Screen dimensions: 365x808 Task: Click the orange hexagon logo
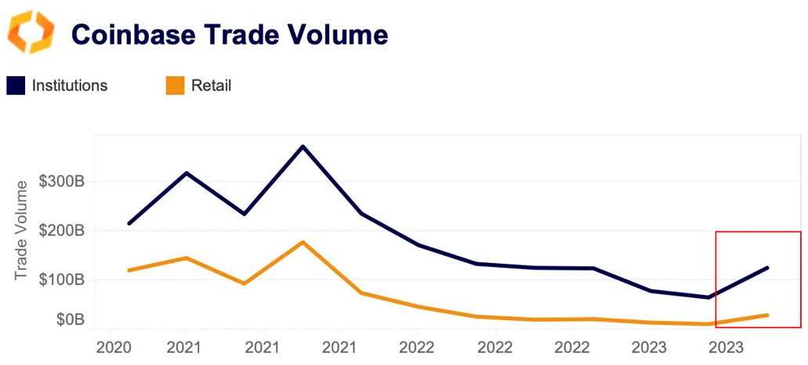31,32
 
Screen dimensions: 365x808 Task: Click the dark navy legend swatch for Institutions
16,86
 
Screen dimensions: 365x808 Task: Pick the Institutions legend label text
70,86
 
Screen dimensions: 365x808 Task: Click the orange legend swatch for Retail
176,86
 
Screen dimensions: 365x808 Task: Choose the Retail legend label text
212,86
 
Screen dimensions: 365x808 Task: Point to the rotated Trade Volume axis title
24,228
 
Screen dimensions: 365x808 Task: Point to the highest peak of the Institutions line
303,146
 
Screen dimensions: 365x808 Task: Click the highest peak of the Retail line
303,242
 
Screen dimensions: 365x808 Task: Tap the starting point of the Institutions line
129,224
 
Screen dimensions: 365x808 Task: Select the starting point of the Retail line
129,270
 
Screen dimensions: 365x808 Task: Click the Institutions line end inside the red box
767,268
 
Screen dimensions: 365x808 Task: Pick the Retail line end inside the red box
767,315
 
